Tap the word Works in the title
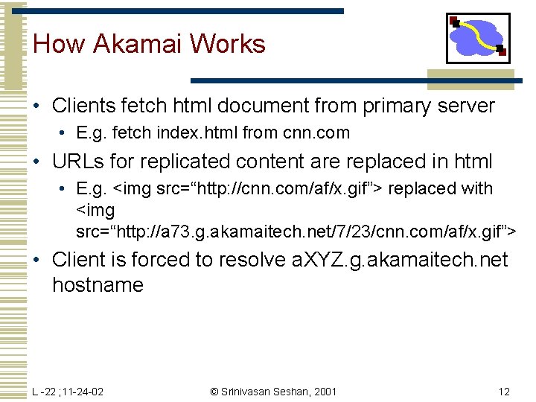[x=227, y=44]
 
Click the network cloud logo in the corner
[x=478, y=38]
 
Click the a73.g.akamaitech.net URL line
[x=296, y=232]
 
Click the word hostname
[x=98, y=285]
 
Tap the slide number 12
[x=504, y=392]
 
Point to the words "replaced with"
[x=441, y=189]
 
